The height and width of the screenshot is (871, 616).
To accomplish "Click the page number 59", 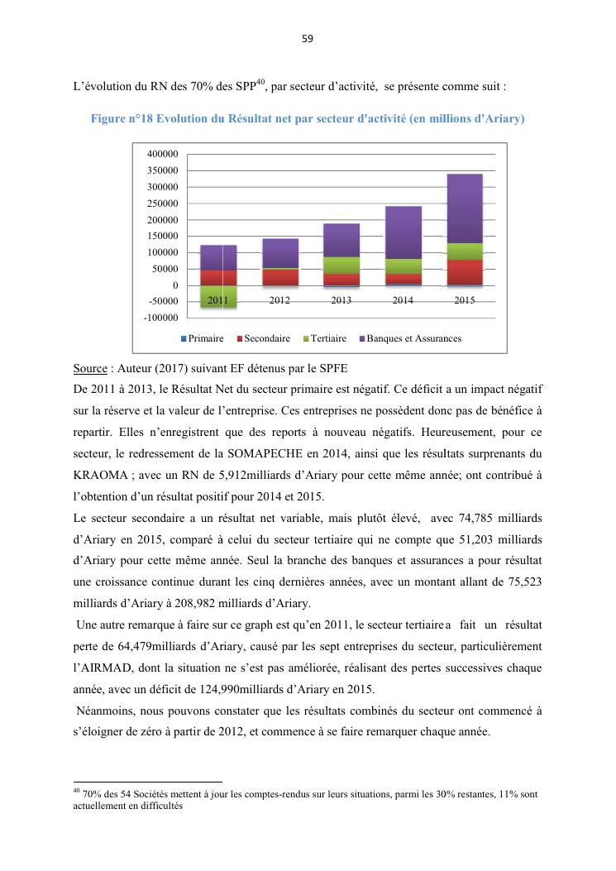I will (308, 38).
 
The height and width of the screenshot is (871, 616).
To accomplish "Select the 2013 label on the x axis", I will (341, 300).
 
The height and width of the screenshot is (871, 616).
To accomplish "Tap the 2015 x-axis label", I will (465, 300).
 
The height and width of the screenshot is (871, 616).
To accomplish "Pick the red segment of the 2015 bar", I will (465, 272).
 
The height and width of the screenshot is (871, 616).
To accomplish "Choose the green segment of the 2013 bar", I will (341, 265).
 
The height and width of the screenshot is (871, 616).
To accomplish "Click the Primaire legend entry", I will (202, 338).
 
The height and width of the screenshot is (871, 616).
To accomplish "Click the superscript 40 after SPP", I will (260, 81).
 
